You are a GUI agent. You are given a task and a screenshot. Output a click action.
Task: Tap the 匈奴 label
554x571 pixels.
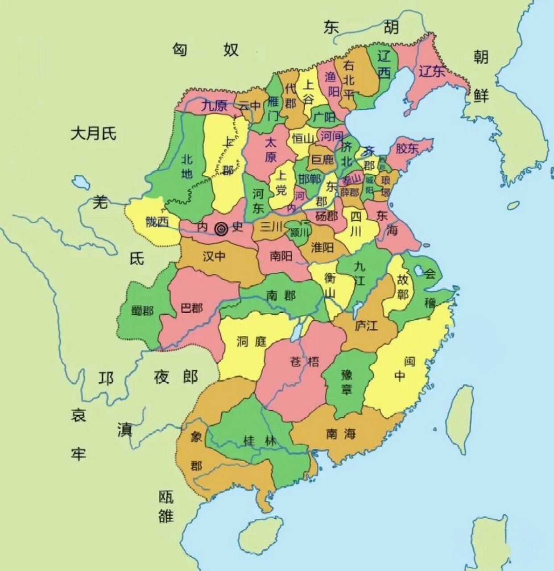pos(206,50)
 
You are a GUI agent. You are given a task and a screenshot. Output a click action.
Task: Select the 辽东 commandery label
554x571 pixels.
pos(431,71)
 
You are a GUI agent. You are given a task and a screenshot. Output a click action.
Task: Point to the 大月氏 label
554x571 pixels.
pos(93,133)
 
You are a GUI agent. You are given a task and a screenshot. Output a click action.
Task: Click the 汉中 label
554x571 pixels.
pos(214,257)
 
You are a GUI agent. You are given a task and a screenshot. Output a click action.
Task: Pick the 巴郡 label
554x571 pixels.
pos(192,308)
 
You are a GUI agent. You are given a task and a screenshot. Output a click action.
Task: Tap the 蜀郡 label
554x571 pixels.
pos(142,310)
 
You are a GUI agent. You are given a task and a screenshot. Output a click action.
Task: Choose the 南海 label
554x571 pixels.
pos(341,433)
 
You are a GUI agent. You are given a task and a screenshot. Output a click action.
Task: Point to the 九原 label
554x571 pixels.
pos(214,106)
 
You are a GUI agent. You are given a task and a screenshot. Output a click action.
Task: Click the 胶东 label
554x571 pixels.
pos(406,149)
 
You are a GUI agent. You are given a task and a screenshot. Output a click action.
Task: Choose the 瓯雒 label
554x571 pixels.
pos(165,507)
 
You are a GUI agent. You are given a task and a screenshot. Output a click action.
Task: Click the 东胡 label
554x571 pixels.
pos(361,28)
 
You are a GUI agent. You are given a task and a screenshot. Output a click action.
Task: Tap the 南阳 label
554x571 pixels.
pos(281,256)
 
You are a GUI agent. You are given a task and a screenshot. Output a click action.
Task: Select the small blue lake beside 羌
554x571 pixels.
pos(81,182)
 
